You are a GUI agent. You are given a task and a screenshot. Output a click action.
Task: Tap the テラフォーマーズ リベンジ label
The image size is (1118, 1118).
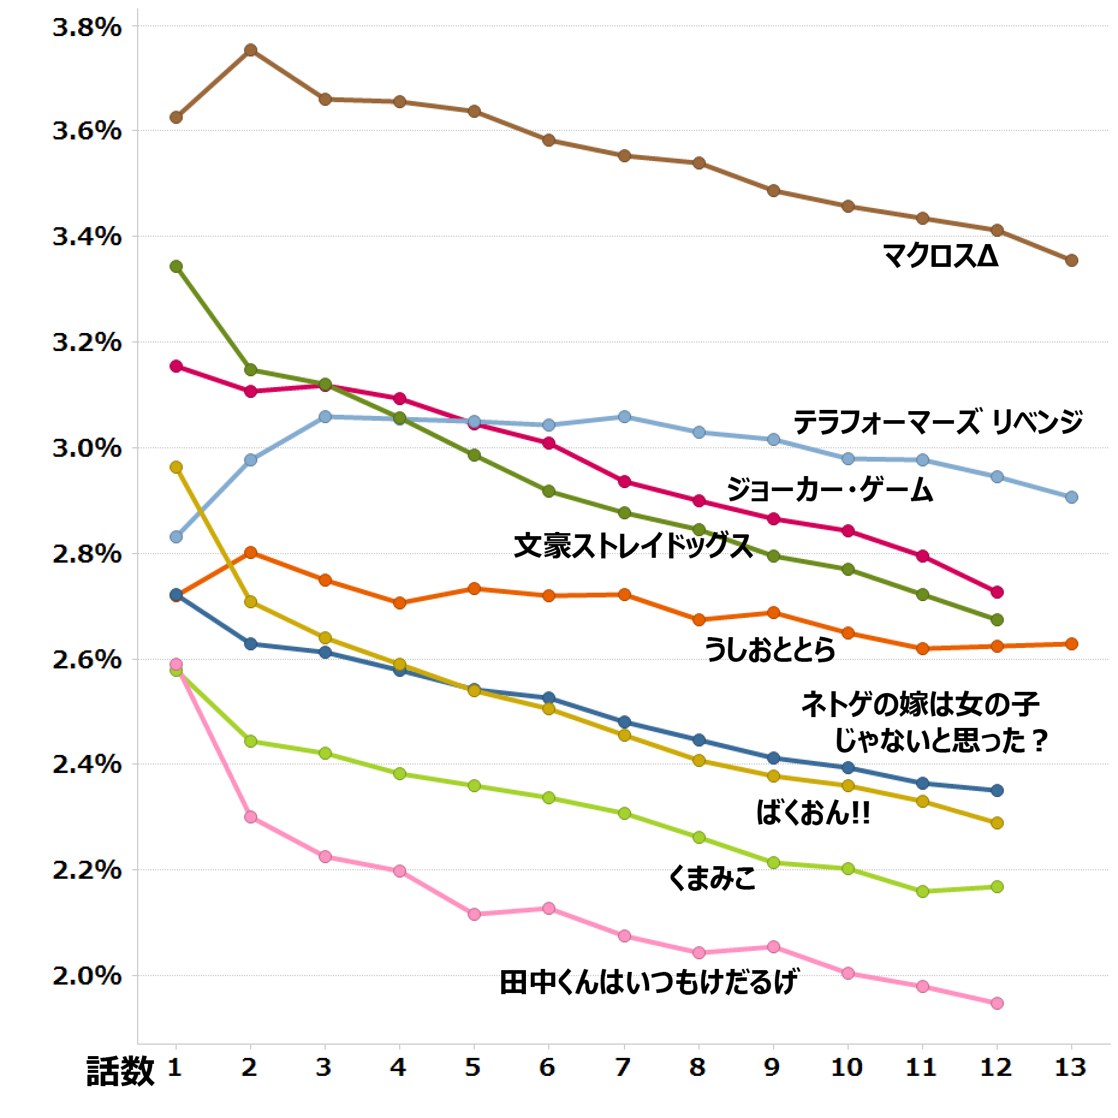pos(938,423)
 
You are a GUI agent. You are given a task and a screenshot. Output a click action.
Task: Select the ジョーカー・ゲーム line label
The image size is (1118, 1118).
pos(829,490)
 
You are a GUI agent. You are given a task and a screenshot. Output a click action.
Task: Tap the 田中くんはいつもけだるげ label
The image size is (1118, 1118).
pos(648,983)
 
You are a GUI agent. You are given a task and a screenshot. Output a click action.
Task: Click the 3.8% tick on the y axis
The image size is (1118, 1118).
pos(87,28)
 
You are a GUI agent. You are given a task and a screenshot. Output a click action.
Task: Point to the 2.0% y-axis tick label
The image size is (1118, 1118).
pos(87,976)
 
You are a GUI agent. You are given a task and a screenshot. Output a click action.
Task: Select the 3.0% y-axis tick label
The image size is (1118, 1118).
pos(87,449)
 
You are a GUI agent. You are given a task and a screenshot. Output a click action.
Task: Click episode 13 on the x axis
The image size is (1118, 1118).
pos(1071,1066)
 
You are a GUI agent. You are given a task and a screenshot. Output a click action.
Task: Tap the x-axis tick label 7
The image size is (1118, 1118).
pos(624,1066)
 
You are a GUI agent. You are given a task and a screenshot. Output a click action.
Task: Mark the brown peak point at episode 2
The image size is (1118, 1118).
pos(251,50)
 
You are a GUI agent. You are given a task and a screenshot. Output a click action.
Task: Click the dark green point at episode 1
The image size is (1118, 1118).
pos(176,266)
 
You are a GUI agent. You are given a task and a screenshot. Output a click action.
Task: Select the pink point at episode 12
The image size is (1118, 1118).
pos(997,1003)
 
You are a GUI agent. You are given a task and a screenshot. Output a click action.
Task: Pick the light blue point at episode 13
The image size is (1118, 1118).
pos(1071,497)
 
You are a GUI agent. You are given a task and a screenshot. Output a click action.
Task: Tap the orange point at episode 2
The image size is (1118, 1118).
pos(251,552)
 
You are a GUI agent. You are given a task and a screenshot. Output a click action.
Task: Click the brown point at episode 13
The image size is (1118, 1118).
pos(1071,260)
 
